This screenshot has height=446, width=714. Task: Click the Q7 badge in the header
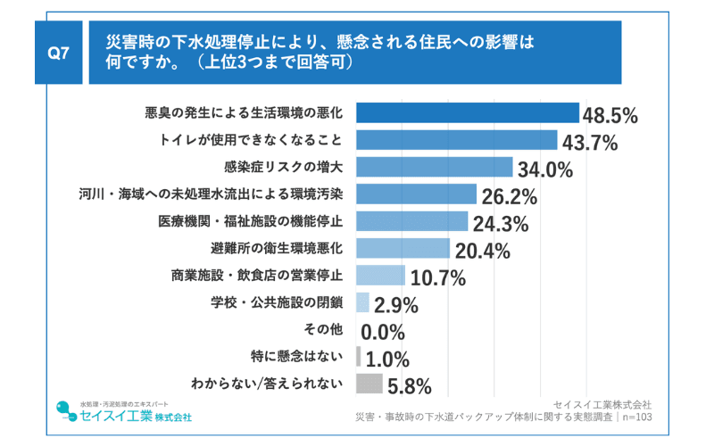point(58,54)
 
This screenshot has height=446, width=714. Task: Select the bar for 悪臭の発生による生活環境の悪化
point(468,113)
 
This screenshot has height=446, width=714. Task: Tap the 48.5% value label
point(610,115)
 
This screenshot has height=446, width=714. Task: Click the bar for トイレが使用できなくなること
point(457,140)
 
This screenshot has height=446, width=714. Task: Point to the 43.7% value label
point(587,143)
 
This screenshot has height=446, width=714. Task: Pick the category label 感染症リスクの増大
point(283,167)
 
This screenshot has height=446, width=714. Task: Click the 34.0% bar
point(435,168)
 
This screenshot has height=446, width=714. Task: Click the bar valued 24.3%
point(412,221)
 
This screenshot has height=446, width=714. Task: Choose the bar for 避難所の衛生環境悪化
point(403,248)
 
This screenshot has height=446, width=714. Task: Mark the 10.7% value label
point(437,277)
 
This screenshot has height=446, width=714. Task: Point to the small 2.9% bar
point(362,302)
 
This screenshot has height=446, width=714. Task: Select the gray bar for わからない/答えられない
point(369,384)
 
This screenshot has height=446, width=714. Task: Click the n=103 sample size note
point(635,417)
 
